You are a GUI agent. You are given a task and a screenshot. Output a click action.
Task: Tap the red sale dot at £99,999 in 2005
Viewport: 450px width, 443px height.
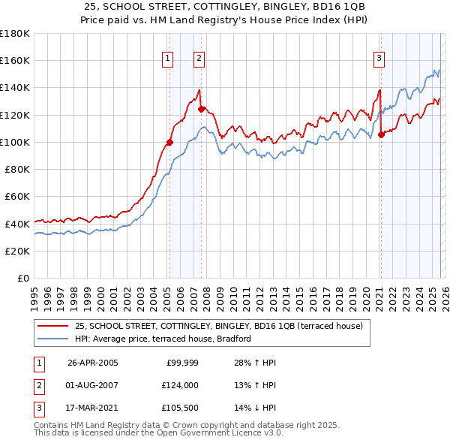point(169,142)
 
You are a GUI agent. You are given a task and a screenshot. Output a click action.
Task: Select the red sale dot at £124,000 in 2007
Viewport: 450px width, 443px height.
point(201,109)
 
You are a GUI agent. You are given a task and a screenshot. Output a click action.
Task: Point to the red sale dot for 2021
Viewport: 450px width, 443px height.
point(381,134)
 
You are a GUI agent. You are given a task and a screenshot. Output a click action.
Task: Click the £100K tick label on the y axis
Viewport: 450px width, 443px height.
point(14,142)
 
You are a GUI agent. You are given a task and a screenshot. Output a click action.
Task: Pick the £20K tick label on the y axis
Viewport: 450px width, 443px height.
point(17,251)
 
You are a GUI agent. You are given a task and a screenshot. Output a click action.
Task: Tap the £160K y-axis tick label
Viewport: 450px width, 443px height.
point(14,60)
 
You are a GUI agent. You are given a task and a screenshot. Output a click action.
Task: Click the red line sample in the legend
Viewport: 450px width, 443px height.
point(53,326)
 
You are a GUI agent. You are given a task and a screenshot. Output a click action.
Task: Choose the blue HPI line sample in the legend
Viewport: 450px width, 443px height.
point(53,339)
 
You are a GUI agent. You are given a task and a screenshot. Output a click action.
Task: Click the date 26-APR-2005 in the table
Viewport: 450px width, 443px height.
point(92,363)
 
